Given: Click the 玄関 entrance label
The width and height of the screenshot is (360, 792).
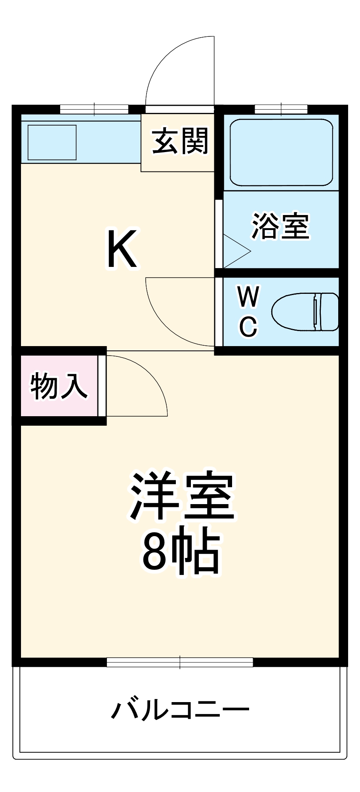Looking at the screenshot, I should point(180,141).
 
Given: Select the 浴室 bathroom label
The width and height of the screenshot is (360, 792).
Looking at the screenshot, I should point(280,226).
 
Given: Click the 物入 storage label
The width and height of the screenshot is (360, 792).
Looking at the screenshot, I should point(59,386).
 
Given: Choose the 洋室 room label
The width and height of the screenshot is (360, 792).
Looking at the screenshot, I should point(182,496).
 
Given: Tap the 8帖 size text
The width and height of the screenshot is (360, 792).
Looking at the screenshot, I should point(181,552).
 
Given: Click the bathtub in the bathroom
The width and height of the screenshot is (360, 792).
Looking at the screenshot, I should point(281,152).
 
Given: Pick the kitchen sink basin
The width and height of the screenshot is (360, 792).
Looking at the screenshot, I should point(52,142).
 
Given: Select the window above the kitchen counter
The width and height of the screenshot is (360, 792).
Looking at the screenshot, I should point(94,109).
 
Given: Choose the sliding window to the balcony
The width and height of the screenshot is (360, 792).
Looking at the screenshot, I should point(180,662).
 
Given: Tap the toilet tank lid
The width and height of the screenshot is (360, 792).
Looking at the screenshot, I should point(329,312).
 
